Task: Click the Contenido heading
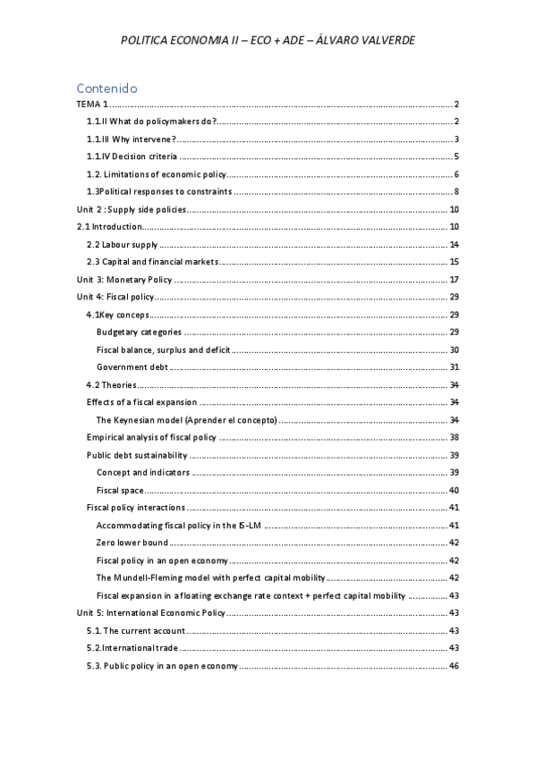106,88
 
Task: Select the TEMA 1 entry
92,105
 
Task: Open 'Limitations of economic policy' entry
157,173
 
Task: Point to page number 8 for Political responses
455,191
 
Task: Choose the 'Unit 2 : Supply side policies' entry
132,209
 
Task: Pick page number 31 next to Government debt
454,366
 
